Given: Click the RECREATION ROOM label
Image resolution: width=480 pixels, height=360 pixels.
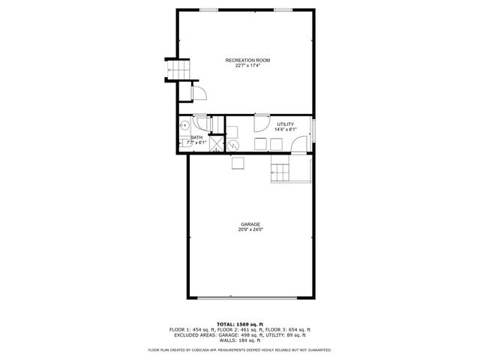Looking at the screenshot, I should pyautogui.click(x=247, y=59).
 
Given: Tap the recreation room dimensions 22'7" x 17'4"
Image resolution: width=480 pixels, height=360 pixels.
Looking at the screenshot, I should pyautogui.click(x=247, y=65).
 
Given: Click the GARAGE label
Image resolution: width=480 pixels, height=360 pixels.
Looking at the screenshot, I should pyautogui.click(x=250, y=223).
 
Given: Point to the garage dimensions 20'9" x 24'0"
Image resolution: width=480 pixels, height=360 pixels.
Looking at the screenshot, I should pyautogui.click(x=250, y=229).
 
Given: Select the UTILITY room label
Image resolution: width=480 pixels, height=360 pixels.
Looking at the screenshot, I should pyautogui.click(x=285, y=124).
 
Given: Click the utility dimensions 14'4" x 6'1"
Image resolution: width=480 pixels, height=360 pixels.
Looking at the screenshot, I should pyautogui.click(x=285, y=130).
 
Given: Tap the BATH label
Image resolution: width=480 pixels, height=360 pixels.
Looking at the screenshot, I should pyautogui.click(x=196, y=137).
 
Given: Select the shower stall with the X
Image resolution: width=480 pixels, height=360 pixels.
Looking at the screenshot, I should pyautogui.click(x=216, y=145).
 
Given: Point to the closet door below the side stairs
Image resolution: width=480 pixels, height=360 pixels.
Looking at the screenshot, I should pyautogui.click(x=200, y=93).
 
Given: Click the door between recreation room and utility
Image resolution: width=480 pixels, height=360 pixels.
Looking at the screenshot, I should pyautogui.click(x=262, y=123).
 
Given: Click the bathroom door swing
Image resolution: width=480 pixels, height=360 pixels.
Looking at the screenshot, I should pyautogui.click(x=199, y=124).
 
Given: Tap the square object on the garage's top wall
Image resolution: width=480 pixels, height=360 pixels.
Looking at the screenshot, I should pyautogui.click(x=238, y=163).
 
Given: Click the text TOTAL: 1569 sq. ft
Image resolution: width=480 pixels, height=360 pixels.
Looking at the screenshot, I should pyautogui.click(x=241, y=324).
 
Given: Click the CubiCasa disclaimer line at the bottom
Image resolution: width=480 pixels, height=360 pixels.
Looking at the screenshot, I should pyautogui.click(x=240, y=349).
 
